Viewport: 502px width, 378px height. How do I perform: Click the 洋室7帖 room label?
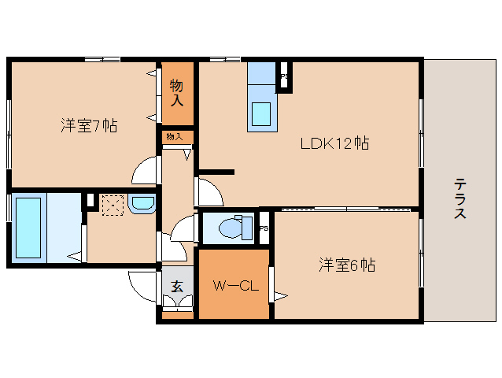pos(89,126)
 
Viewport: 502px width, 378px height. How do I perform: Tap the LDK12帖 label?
pos(334,143)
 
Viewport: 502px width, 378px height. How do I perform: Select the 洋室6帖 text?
pos(345,265)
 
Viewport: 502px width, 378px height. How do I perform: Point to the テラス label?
pos(460,200)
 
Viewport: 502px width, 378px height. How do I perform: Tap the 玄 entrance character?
pos(177,287)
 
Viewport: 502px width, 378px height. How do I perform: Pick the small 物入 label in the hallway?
pos(175,137)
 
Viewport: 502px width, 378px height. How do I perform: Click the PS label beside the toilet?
pos(264,228)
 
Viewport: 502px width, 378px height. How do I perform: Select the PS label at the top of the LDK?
pos(284,77)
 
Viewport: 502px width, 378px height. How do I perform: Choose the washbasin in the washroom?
pos(142,205)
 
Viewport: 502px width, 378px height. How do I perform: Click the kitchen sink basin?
pos(262,113)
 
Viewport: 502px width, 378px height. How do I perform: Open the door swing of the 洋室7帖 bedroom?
pos(145,170)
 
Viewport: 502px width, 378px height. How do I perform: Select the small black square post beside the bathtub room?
pos(90,201)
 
